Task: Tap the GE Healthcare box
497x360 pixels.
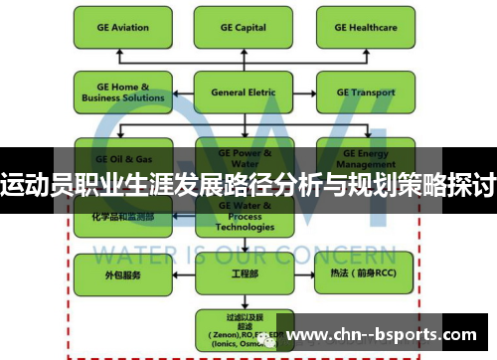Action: pyautogui.click(x=365, y=29)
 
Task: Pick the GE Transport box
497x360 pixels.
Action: pyautogui.click(x=365, y=92)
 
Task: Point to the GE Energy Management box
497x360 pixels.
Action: pyautogui.click(x=365, y=158)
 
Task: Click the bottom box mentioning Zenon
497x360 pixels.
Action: pyautogui.click(x=242, y=329)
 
